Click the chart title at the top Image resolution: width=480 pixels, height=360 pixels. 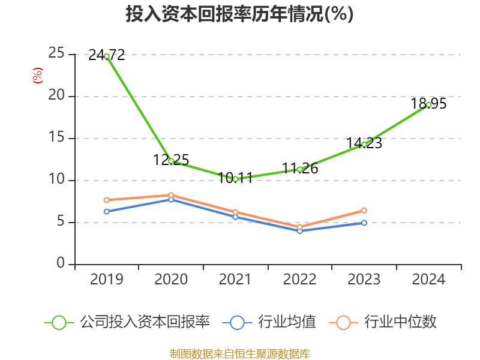coord(239,14)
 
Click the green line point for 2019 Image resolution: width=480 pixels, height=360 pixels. coord(107,56)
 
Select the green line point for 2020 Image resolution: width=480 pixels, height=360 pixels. coord(171,161)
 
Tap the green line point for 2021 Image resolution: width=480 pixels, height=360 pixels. coord(236,179)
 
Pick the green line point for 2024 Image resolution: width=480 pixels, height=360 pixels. coord(429,104)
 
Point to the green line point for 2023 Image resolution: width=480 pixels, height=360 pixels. coord(364,144)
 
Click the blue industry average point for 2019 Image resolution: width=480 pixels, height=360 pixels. coord(107,211)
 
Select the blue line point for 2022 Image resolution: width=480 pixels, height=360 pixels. coord(300,230)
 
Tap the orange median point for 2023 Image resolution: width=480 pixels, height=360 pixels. coord(364,210)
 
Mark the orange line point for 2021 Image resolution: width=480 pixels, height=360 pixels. coord(236,212)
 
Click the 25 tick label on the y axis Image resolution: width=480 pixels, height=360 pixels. coord(56,54)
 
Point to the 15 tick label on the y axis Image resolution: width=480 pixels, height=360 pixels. coord(56,138)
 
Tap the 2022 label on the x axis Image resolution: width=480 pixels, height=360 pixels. coord(300,280)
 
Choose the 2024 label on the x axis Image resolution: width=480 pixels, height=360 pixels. coord(429,280)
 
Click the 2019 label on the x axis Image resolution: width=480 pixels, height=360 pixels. coord(107,280)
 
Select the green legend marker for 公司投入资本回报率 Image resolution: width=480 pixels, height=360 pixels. coord(59,322)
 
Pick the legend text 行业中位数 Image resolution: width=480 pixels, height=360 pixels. coord(401,322)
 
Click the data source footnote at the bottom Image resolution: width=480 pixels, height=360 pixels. coord(239,353)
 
